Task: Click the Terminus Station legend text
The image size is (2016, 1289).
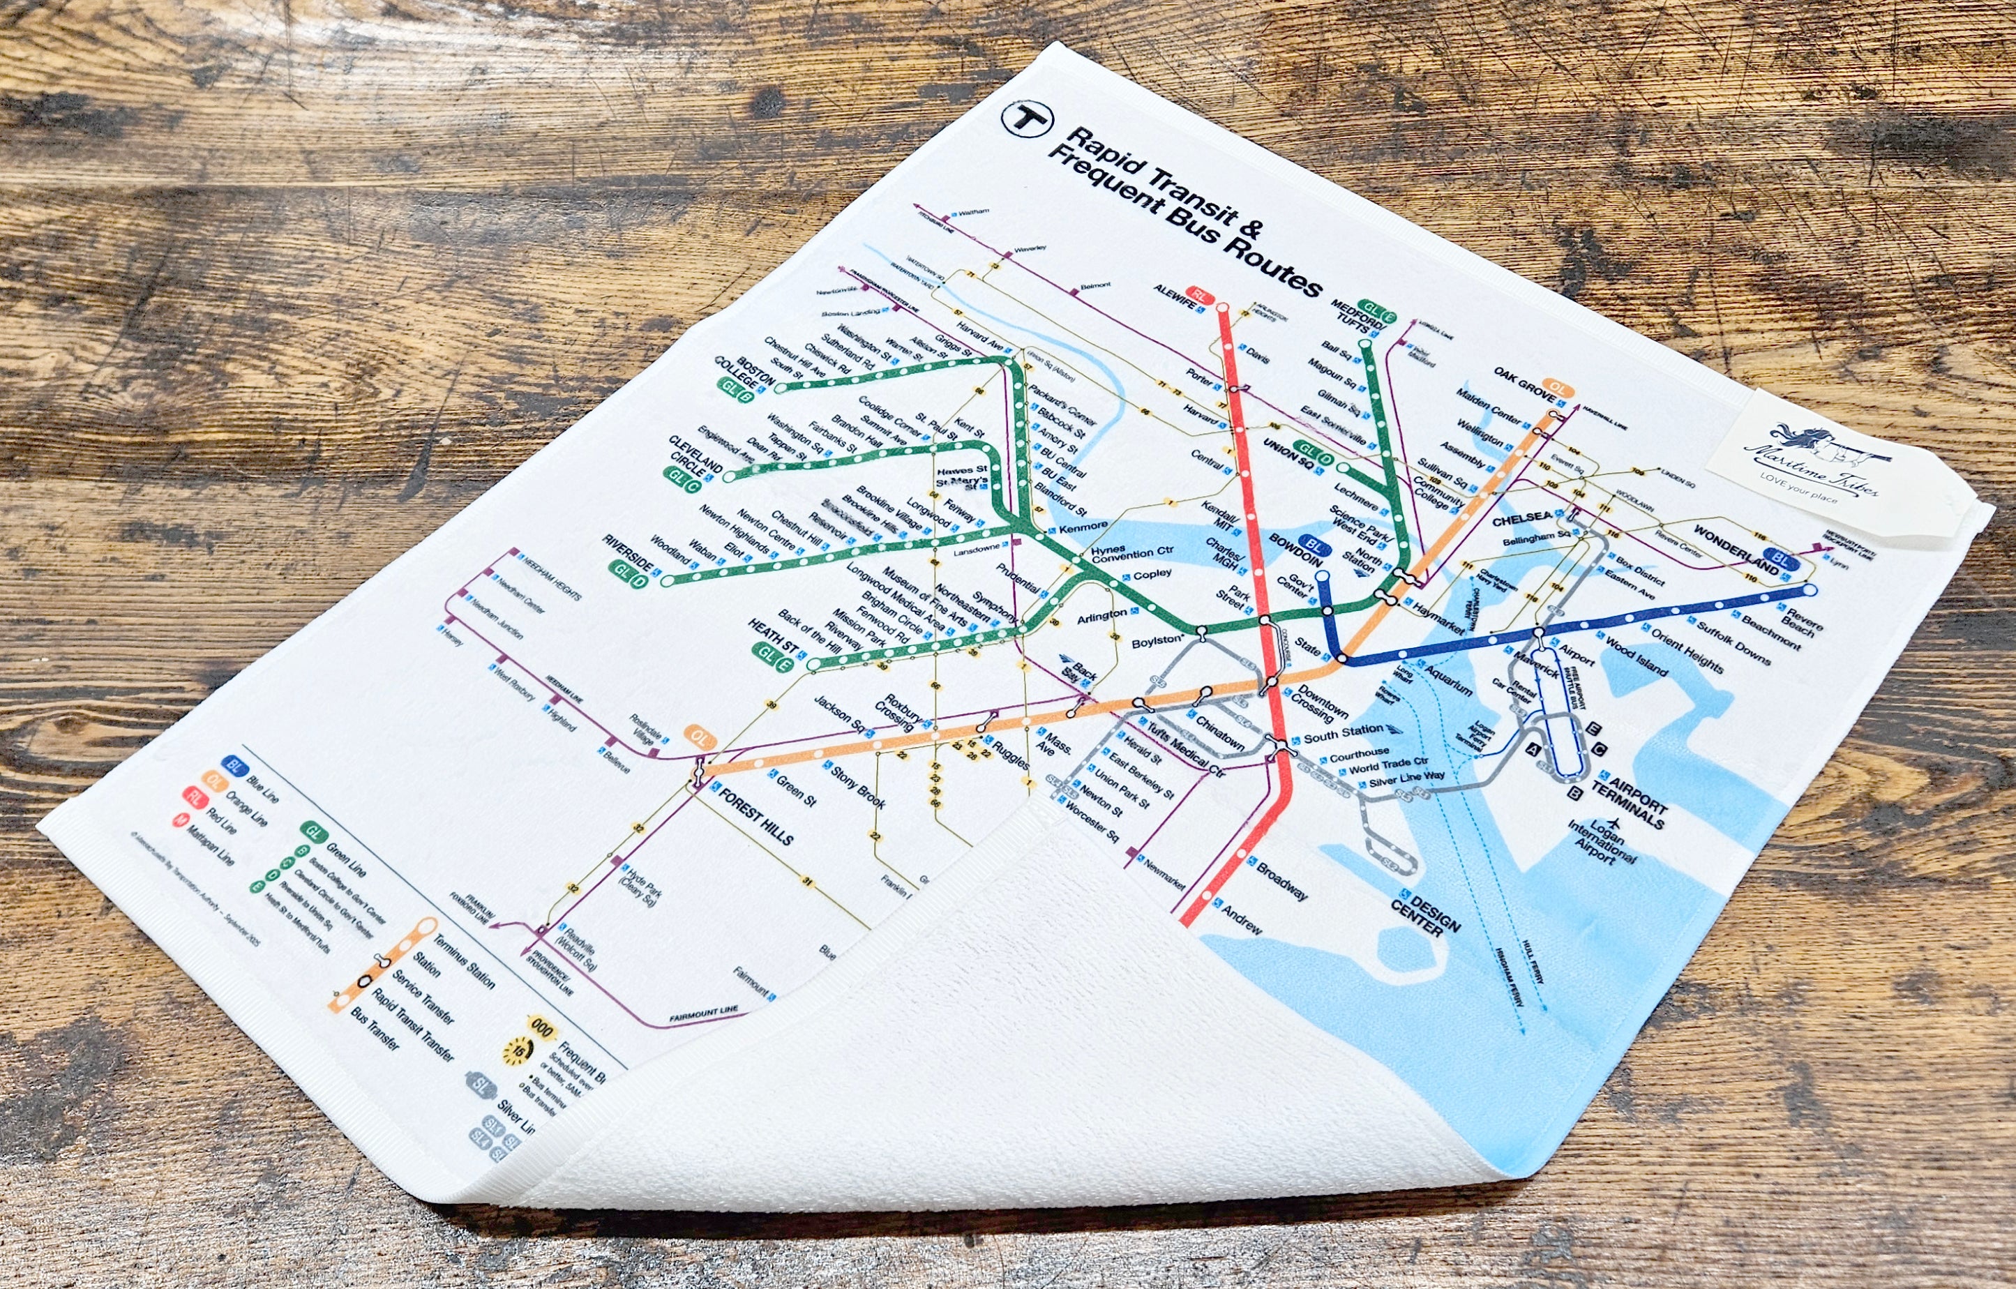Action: pos(463,962)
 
